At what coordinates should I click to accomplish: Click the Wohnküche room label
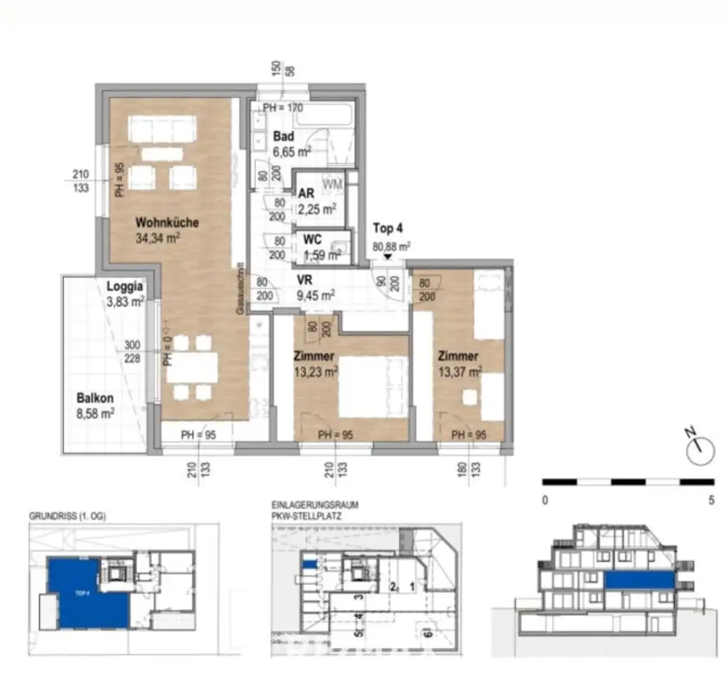[167, 223]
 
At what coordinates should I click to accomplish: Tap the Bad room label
[284, 137]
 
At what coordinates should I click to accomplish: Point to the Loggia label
[125, 287]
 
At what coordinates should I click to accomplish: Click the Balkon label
[95, 399]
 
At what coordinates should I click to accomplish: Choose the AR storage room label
[306, 194]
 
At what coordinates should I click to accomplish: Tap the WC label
[312, 239]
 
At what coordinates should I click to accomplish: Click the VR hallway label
[305, 280]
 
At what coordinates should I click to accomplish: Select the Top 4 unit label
[388, 229]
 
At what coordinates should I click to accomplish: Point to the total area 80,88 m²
[391, 247]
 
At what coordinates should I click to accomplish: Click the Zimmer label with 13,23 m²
[316, 356]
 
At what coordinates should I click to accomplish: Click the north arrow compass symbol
[700, 447]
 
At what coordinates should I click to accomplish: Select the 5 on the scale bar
[711, 500]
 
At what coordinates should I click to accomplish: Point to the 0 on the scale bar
[545, 500]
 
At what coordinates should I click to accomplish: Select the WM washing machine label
[332, 185]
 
